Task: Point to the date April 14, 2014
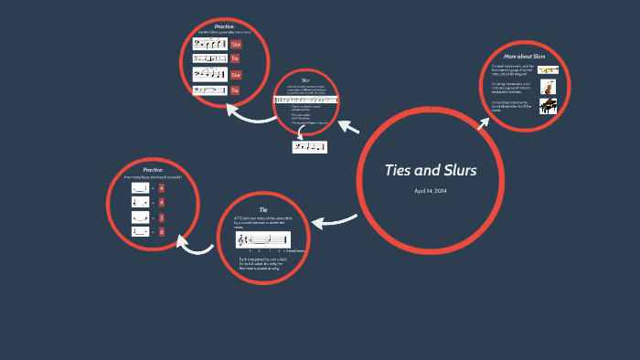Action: tap(429, 190)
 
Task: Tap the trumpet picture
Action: tap(549, 69)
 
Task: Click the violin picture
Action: tap(549, 89)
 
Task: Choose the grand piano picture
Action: tap(549, 107)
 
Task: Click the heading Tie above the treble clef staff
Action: tap(263, 210)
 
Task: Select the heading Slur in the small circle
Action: tap(305, 79)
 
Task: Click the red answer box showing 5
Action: tap(161, 217)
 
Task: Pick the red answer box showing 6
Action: tap(161, 232)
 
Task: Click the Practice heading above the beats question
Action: tap(153, 170)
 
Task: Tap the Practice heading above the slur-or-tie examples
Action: tap(225, 27)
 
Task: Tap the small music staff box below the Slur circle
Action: tap(309, 146)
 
